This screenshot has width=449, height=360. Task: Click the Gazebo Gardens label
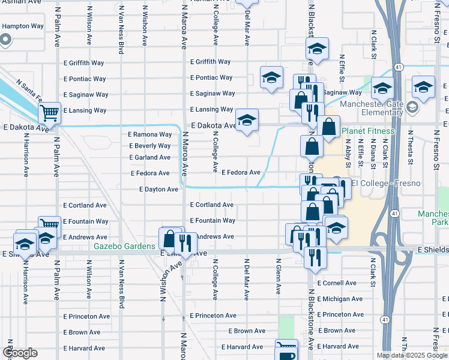(x=124, y=247)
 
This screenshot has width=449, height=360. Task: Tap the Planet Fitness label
(x=369, y=131)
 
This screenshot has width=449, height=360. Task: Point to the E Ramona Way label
(x=149, y=134)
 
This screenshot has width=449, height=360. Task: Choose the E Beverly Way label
(x=149, y=146)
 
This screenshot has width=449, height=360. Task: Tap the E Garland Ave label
(x=149, y=157)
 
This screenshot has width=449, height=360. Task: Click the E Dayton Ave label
(x=158, y=189)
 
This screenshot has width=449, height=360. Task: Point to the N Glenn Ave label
(x=278, y=277)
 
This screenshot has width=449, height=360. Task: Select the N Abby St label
(x=348, y=152)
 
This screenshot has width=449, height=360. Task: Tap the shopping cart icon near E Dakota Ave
(x=50, y=112)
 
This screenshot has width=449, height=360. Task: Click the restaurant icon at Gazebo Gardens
(x=185, y=241)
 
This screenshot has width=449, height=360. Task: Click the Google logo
(x=20, y=353)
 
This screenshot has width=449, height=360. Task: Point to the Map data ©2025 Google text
(x=411, y=355)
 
